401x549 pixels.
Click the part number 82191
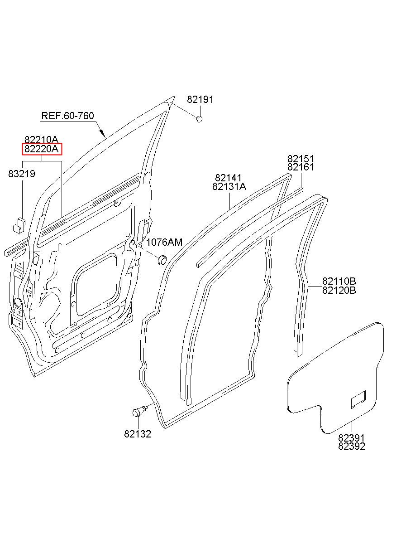pos(200,100)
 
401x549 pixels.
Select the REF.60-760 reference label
pos(68,116)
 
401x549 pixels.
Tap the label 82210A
pos(41,140)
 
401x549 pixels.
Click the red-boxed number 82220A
pos(42,149)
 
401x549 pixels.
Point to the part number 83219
pos(22,174)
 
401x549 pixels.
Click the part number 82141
pos(228,178)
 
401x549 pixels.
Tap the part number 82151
pos(301,159)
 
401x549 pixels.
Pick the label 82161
pos(301,167)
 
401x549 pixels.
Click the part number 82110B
pos(339,282)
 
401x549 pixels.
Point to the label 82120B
pos(339,290)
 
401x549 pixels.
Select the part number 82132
pos(138,434)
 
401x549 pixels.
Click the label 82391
pos(351,438)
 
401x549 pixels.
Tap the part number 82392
pos(351,446)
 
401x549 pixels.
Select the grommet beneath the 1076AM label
pos(162,260)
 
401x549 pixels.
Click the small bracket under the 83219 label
pos(19,224)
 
